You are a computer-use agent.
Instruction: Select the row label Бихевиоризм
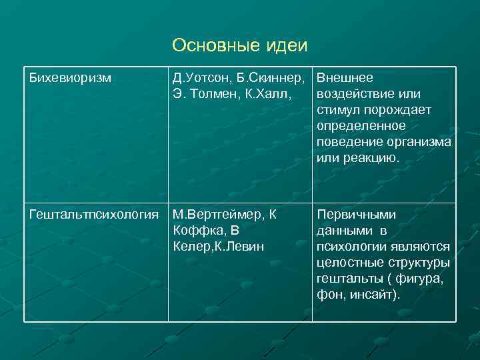(69, 78)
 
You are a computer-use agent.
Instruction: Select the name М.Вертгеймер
(219, 215)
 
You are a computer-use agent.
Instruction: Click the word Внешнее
(345, 78)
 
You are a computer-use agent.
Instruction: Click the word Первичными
(357, 215)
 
